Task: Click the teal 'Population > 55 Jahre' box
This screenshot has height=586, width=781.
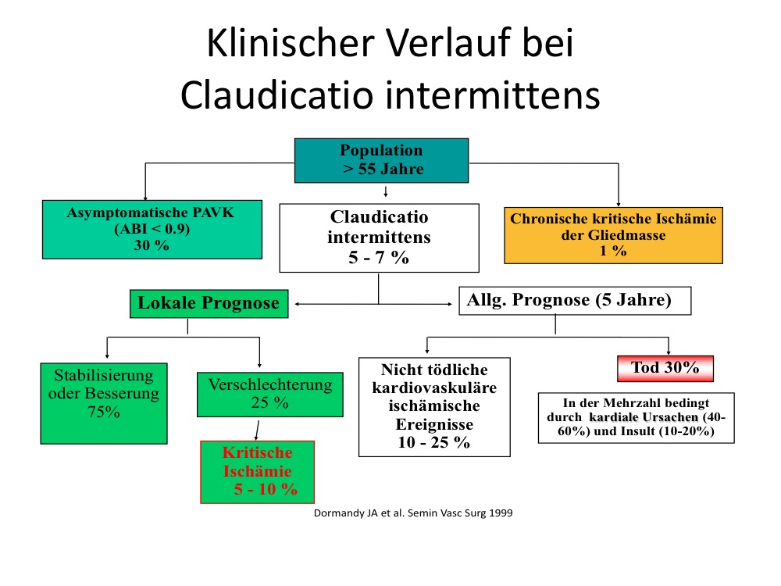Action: tap(382, 160)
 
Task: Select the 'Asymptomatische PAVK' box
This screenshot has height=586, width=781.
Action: tap(152, 229)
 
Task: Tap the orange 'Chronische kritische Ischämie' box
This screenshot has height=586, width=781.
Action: tap(613, 235)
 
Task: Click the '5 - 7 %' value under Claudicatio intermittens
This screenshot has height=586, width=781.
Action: tap(379, 257)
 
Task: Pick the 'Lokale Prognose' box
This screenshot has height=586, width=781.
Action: tap(209, 303)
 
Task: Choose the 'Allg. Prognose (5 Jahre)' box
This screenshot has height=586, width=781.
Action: tap(575, 301)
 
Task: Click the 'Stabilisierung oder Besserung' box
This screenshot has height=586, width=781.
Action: tap(104, 403)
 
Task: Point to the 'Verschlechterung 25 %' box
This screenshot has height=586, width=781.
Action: tap(270, 394)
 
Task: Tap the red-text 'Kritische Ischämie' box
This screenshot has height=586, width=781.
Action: tap(258, 472)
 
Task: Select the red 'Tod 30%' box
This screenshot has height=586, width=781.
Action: tap(665, 368)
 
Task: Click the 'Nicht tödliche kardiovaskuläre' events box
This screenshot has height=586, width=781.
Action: tap(434, 406)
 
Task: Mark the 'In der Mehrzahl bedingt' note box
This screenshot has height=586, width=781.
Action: tap(636, 417)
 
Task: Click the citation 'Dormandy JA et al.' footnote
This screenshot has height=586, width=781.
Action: tap(413, 513)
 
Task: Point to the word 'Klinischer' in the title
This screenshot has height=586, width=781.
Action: tap(291, 43)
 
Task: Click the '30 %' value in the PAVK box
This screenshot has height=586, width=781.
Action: tap(152, 245)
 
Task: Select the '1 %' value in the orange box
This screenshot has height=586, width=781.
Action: tap(613, 250)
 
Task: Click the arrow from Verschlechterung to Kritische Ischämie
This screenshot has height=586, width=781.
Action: tap(257, 431)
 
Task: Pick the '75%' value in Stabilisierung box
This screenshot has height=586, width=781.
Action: tap(104, 412)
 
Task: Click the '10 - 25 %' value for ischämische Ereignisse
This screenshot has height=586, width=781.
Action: tap(433, 442)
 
